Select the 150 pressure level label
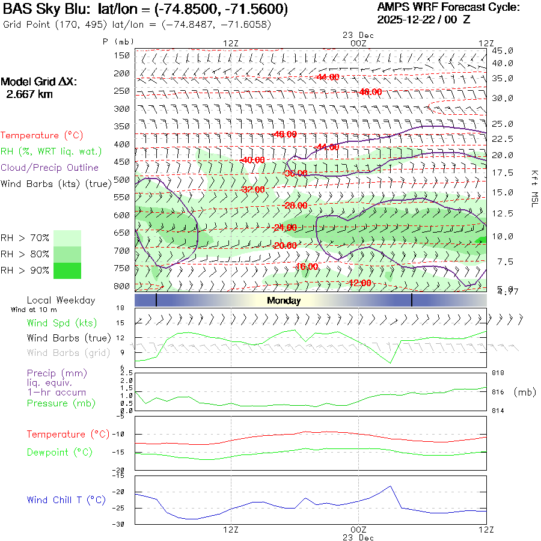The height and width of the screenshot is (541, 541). tap(123, 55)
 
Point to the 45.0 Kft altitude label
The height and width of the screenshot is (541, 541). tap(502, 50)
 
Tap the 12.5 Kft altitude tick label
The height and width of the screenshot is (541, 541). tap(502, 213)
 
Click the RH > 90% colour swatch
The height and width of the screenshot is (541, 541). tap(67, 270)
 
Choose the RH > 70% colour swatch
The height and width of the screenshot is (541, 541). tap(67, 238)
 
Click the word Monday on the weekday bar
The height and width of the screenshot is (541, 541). tap(284, 301)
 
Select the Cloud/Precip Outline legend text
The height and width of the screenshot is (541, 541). tap(49, 168)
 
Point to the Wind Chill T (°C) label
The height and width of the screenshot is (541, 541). tap(66, 500)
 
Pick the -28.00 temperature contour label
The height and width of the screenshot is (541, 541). tap(295, 206)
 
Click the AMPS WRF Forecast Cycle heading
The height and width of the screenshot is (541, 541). tap(448, 7)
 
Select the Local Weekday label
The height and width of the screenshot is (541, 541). tap(61, 300)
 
